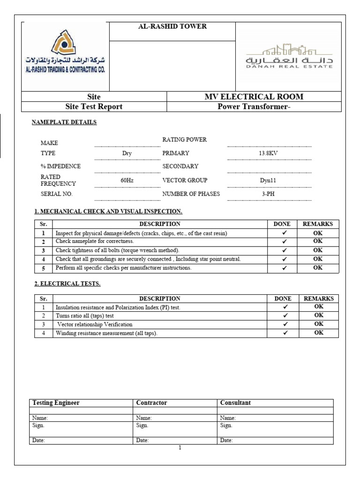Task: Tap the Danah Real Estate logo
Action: pos(289,56)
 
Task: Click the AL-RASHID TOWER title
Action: pos(172,27)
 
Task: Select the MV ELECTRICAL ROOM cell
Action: pos(254,97)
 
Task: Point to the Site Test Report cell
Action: pos(94,107)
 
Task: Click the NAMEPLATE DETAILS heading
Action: pos(64,122)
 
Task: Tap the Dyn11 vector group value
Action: pos(269,180)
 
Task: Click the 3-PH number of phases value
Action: pos(269,194)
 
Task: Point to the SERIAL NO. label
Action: pos(57,194)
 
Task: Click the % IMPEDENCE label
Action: pos(60,166)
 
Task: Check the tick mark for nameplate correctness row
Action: pos(285,241)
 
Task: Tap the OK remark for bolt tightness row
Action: pos(318,250)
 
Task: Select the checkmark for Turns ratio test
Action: pos(285,315)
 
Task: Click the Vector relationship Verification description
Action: pos(95,324)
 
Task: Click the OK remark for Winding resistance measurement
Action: pos(319,333)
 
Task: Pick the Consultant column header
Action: pos(235,403)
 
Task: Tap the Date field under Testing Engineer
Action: pos(38,441)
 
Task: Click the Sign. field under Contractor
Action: pos(142,426)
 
